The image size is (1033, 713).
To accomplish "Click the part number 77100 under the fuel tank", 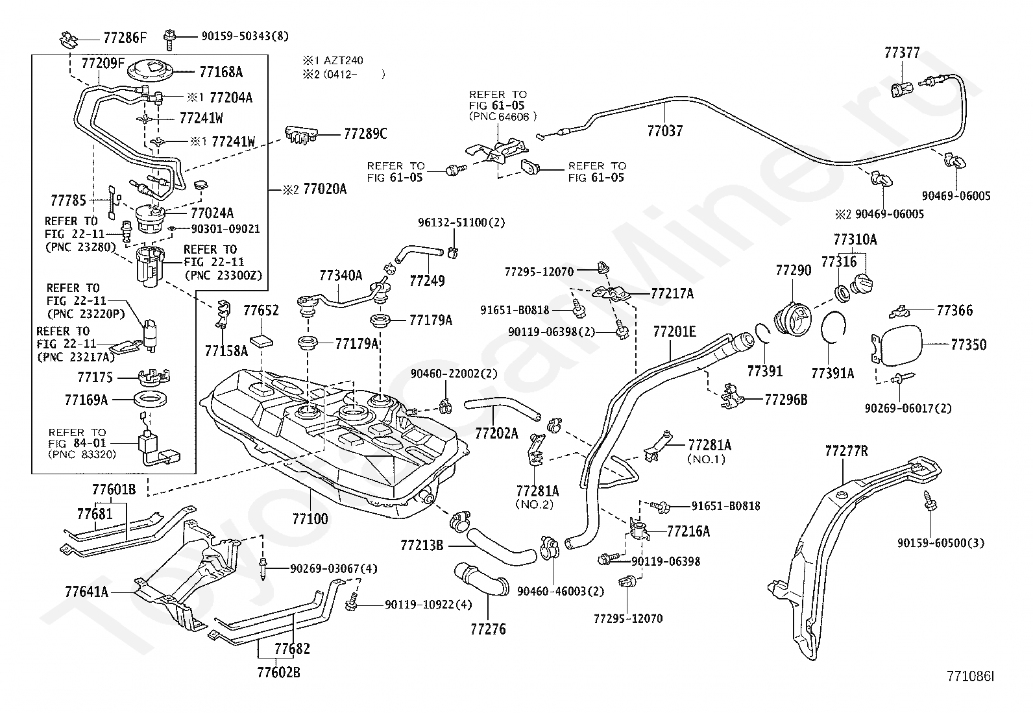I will pyautogui.click(x=310, y=518).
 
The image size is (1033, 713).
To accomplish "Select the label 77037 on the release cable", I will pyautogui.click(x=665, y=131).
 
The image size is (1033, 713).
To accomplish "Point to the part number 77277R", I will pyautogui.click(x=846, y=451).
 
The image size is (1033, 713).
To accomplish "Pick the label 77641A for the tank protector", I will pyautogui.click(x=86, y=592).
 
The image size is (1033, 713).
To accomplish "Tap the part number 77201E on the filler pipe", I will pyautogui.click(x=674, y=333).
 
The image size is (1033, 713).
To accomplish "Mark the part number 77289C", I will pyautogui.click(x=365, y=134).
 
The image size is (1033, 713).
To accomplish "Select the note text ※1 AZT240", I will pyautogui.click(x=332, y=60).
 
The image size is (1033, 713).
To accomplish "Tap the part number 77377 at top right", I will pyautogui.click(x=902, y=53).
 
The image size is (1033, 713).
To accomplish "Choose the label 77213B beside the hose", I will pyautogui.click(x=422, y=545).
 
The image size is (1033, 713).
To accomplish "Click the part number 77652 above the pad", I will pyautogui.click(x=261, y=311).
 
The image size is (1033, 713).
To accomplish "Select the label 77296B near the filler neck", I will pyautogui.click(x=786, y=400).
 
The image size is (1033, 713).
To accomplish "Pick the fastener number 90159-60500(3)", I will pyautogui.click(x=941, y=542).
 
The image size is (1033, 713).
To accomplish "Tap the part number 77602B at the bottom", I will pyautogui.click(x=278, y=672).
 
